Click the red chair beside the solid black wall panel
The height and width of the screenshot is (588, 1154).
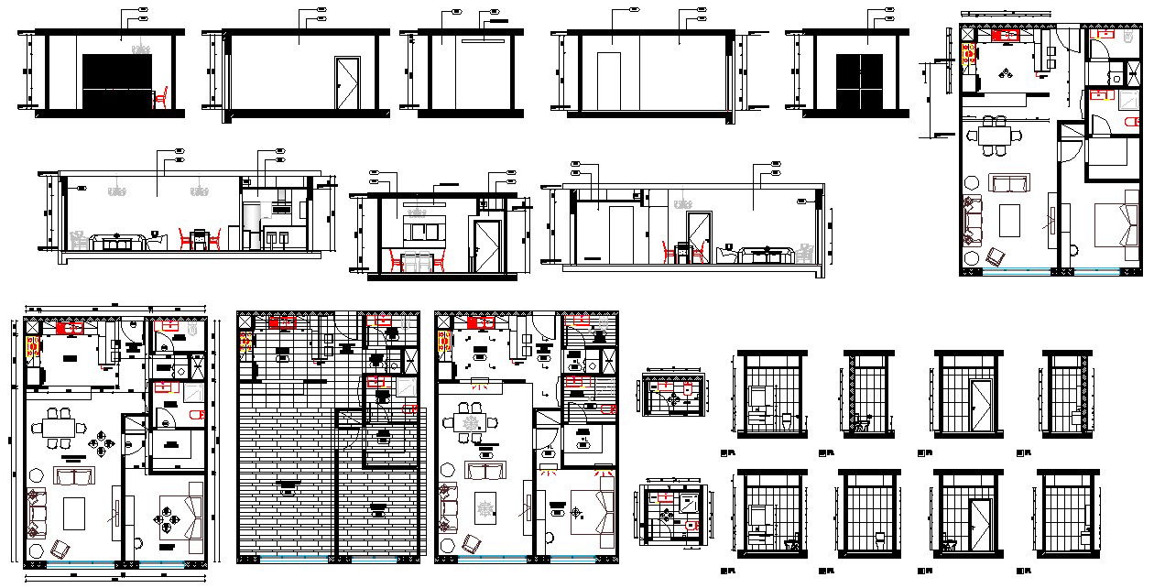(x=162, y=95)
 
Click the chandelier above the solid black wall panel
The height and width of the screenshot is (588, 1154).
(x=141, y=48)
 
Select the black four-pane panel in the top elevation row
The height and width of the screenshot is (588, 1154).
(x=859, y=83)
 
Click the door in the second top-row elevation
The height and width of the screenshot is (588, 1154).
(x=347, y=85)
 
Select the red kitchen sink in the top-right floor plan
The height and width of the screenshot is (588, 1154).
(x=1007, y=35)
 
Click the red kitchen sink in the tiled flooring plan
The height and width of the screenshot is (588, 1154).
(x=282, y=322)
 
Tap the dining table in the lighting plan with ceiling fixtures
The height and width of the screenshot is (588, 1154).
(x=473, y=424)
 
